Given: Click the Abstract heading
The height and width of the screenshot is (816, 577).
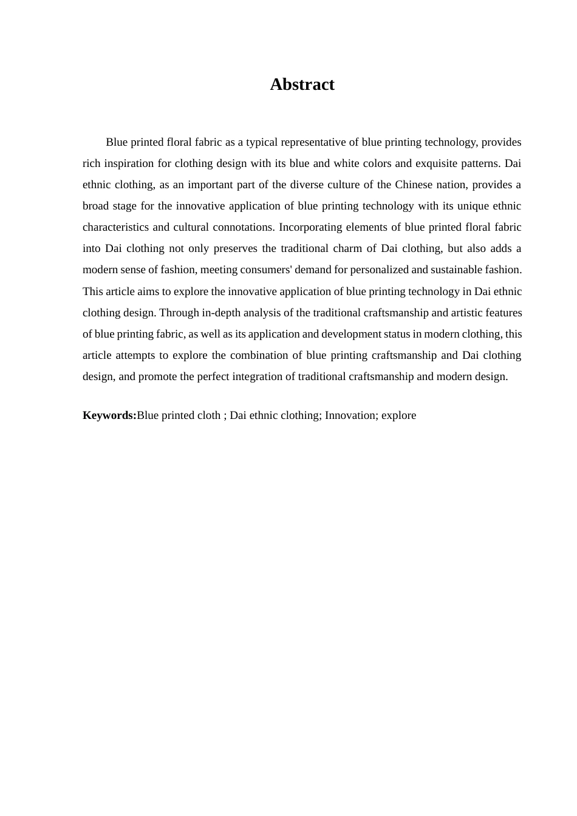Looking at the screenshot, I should tap(302, 84).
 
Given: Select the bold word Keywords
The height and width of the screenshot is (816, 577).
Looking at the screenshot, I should tap(109, 415).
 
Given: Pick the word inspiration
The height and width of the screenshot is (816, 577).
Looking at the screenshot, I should tap(128, 163).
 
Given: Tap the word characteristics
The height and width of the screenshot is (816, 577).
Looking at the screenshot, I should tap(116, 227).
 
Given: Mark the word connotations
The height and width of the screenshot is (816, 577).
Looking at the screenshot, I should tap(245, 227).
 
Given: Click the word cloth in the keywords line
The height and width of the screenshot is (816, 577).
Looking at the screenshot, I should tap(209, 415).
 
